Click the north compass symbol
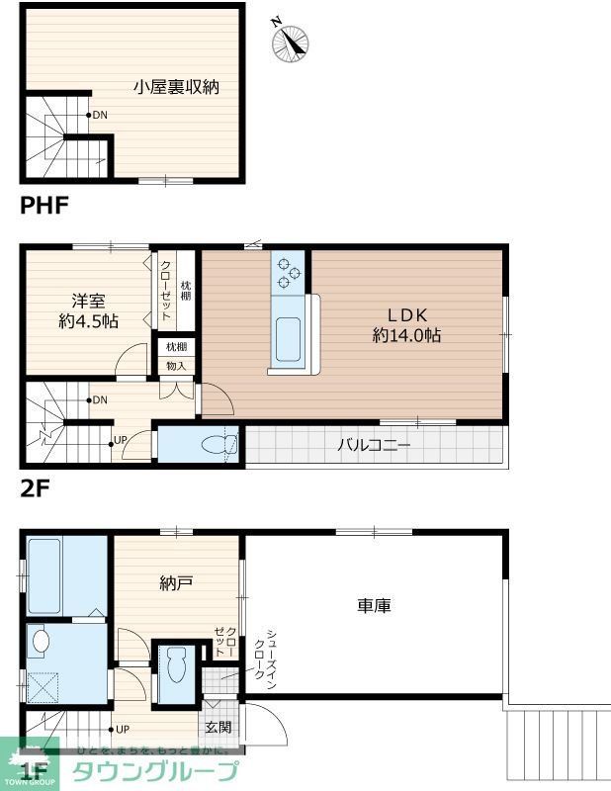tap(292, 40)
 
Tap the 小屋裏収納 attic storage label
tap(177, 87)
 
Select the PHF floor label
tap(44, 207)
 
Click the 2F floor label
tap(35, 486)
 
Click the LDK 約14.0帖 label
tap(405, 324)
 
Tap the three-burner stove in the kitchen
tap(290, 271)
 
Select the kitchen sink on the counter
tap(288, 339)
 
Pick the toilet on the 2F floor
tap(218, 445)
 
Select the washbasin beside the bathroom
tap(41, 641)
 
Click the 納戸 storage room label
tap(175, 583)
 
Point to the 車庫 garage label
tap(374, 605)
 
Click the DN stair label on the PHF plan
tap(100, 115)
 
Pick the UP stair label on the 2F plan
tap(121, 439)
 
